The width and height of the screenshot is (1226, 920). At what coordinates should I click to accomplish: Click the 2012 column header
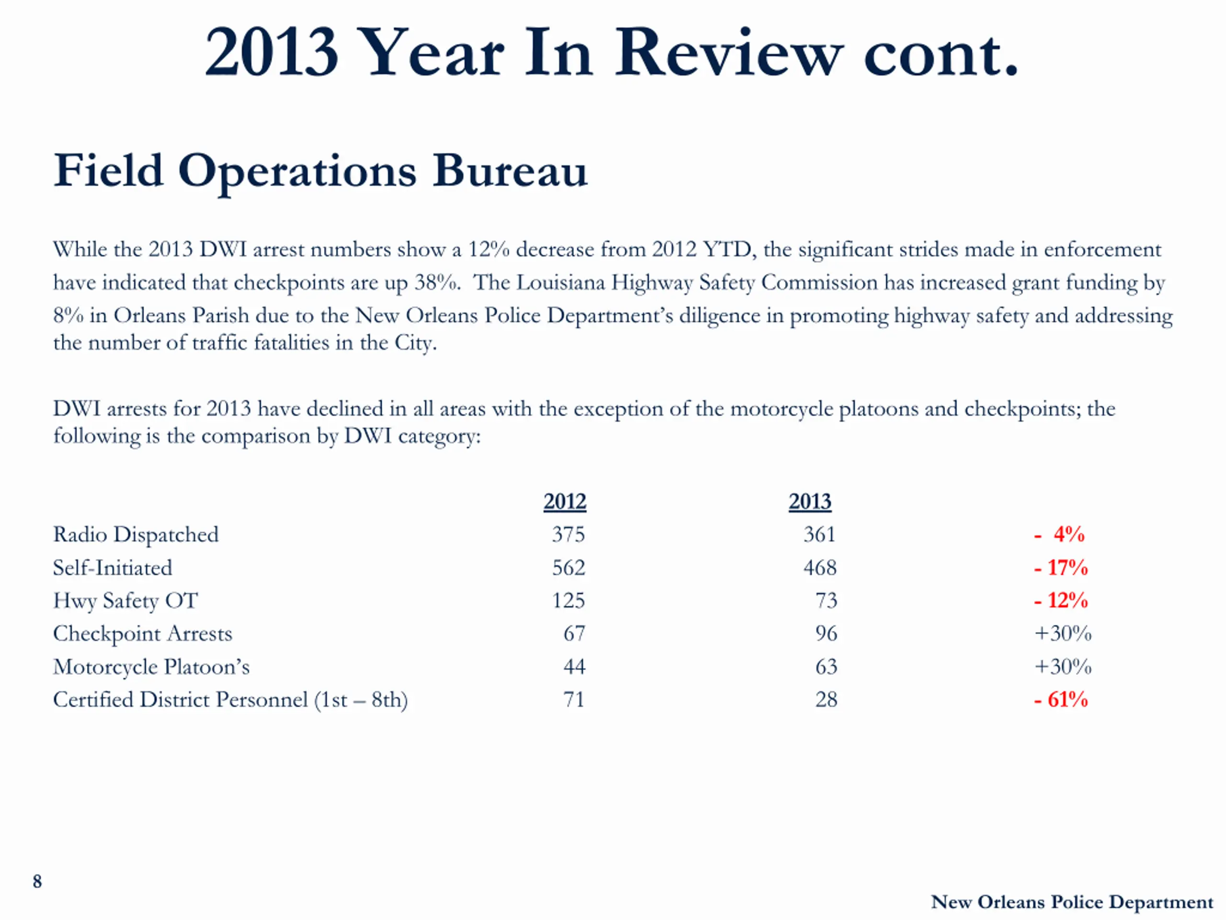pos(564,501)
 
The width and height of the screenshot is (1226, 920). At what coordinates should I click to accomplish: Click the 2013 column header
pos(810,501)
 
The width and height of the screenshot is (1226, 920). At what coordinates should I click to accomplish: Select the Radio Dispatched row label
pos(136,535)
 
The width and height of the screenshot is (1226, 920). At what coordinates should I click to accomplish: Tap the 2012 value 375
pos(568,535)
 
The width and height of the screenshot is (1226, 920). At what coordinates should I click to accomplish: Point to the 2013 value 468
pos(820,568)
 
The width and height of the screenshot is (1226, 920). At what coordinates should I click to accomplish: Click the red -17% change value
pos(1061,568)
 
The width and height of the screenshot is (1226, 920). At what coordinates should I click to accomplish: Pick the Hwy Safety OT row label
pos(125,600)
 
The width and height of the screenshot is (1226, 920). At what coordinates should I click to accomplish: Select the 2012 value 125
pos(568,600)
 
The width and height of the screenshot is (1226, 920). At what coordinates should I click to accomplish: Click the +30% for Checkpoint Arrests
pos(1063,633)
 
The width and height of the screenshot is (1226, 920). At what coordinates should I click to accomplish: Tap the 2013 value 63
pos(826,667)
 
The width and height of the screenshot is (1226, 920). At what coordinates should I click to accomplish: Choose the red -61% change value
pos(1061,700)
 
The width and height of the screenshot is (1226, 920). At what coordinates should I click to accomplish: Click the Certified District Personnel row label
pos(230,700)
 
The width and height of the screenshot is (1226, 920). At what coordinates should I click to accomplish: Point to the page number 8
pos(37,881)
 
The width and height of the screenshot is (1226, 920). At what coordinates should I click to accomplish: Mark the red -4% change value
pos(1060,535)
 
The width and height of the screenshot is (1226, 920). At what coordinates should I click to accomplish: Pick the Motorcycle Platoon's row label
pos(151,667)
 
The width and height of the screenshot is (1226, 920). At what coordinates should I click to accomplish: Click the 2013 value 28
pos(826,700)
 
